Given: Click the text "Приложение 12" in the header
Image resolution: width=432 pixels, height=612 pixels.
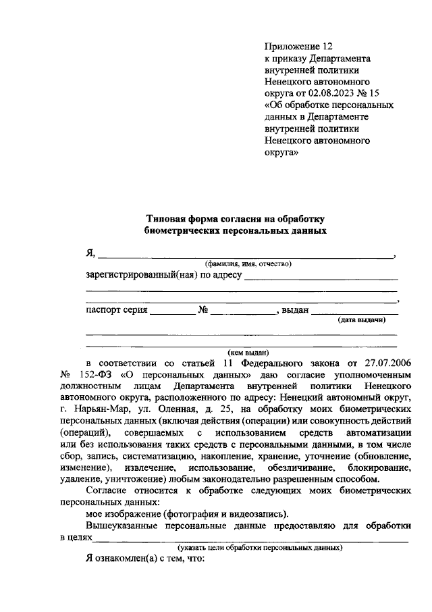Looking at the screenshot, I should click(299, 47).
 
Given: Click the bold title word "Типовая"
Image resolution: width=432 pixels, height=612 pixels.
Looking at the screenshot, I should click(166, 219).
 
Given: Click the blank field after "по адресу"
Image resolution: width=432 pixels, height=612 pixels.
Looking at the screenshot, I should click(321, 278).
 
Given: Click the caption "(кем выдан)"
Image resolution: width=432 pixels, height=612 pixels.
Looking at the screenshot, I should click(248, 352).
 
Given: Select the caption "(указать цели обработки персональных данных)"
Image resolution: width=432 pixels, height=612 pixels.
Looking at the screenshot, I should click(260, 546).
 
